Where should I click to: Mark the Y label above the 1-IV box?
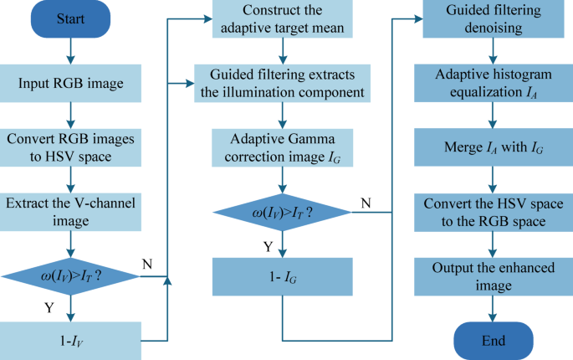(x=49, y=308)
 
